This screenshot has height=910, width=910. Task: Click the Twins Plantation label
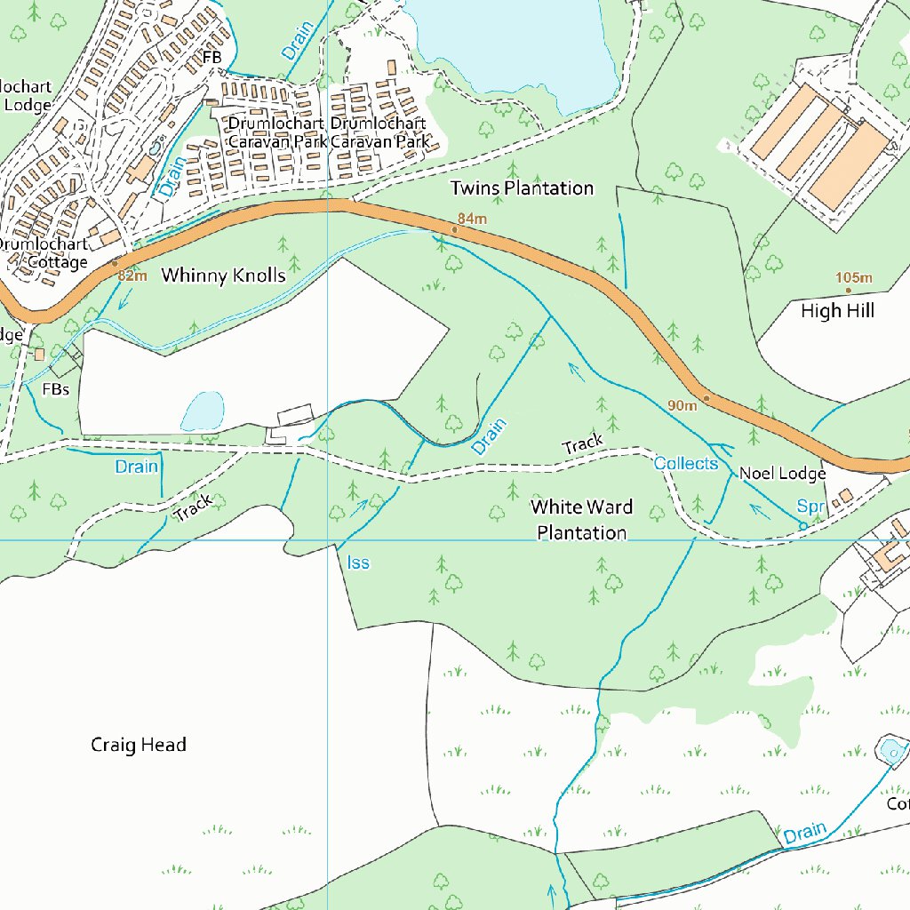(522, 188)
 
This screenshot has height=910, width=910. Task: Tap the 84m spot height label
(473, 219)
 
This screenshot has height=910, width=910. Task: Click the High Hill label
(837, 311)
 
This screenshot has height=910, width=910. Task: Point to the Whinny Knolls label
(223, 275)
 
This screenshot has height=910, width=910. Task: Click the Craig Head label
(139, 745)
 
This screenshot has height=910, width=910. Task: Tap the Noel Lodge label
(783, 475)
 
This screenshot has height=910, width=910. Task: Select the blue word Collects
(685, 463)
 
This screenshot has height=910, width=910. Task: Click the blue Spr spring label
(810, 507)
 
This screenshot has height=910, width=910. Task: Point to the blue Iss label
(358, 563)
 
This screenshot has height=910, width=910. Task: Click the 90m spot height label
(682, 405)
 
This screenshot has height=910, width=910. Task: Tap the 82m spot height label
(132, 276)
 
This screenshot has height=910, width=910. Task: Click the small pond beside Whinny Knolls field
(203, 411)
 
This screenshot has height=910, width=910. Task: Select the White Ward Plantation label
(582, 520)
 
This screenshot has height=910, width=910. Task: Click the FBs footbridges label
(55, 389)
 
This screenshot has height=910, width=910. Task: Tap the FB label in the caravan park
(212, 58)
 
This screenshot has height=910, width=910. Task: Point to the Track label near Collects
(583, 441)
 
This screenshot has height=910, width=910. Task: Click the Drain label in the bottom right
(804, 834)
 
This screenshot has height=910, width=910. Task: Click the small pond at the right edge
(891, 752)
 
